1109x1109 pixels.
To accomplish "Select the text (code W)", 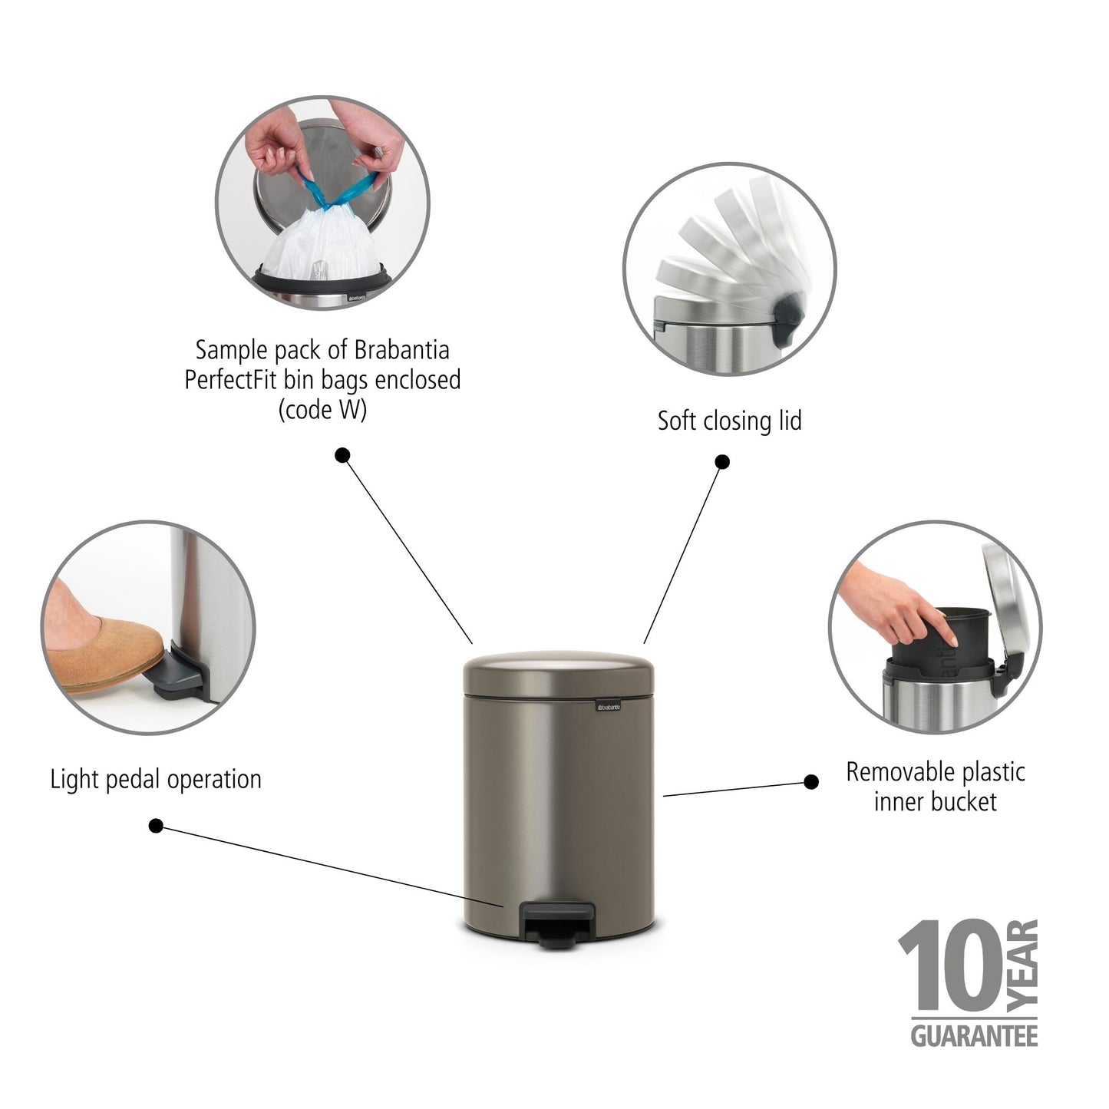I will [x=322, y=410].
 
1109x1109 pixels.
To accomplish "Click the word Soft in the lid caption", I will [x=676, y=421].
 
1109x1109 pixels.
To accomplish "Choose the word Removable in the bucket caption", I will [x=890, y=772].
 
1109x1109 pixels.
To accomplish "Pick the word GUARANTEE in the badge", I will [x=974, y=1036].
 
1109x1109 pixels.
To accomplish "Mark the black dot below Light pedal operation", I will [x=156, y=826].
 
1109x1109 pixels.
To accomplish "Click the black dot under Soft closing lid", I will [x=722, y=462].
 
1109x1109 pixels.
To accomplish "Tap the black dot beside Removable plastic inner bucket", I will [x=811, y=782].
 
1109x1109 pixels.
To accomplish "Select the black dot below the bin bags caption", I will [x=343, y=455].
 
